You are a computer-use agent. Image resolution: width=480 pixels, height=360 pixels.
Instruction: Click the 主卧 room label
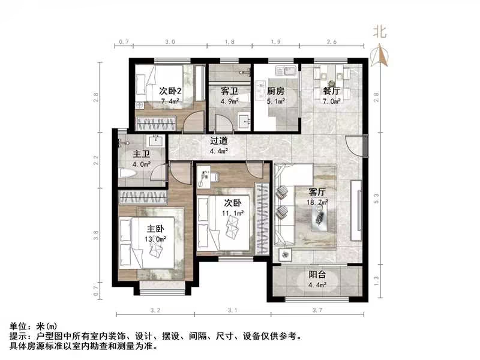(156, 229)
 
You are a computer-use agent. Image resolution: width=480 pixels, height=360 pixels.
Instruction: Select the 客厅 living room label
(317, 193)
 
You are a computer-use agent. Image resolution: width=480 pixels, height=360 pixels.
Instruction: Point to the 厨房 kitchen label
(275, 91)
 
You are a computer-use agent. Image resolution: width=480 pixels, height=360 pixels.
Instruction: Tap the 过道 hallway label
(218, 141)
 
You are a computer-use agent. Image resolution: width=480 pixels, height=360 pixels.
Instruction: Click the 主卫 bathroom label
(141, 154)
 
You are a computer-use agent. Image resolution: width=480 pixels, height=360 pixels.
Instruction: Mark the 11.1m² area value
(231, 213)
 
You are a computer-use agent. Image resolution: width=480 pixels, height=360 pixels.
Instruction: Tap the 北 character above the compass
(379, 31)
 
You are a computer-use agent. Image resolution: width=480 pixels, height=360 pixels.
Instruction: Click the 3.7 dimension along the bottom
(317, 310)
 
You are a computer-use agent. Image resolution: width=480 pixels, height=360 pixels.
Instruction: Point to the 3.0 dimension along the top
(170, 43)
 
